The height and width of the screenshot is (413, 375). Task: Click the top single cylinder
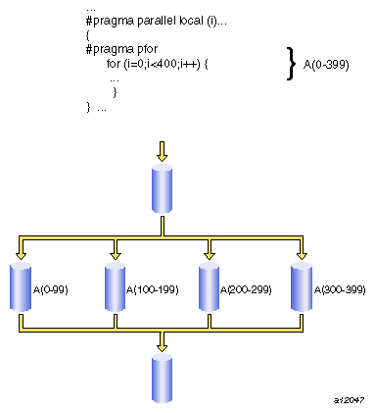click(162, 183)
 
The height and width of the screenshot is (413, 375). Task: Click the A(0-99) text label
click(50, 290)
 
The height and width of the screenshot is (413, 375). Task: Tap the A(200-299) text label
click(245, 290)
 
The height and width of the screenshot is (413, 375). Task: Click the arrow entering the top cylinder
click(162, 150)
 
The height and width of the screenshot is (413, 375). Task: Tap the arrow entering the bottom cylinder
click(162, 341)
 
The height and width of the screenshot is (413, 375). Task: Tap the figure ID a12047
click(349, 400)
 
